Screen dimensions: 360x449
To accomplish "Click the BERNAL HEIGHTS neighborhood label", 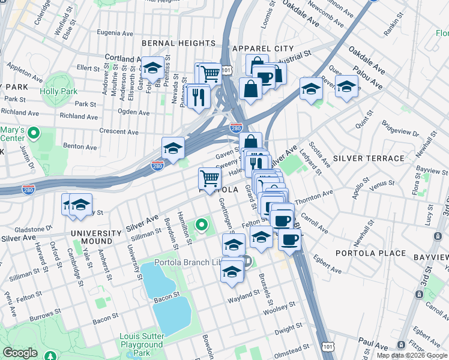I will [178, 43].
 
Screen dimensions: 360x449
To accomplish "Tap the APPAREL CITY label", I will [264, 48].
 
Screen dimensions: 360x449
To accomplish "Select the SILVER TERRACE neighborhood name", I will [369, 158].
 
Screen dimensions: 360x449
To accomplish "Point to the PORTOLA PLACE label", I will [370, 253].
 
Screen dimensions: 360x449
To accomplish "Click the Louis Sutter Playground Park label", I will [142, 345].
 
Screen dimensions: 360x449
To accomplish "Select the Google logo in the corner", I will [20, 353].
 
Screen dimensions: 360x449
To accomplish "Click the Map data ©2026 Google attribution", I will [412, 355].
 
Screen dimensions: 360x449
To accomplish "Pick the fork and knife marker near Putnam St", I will [199, 96].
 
